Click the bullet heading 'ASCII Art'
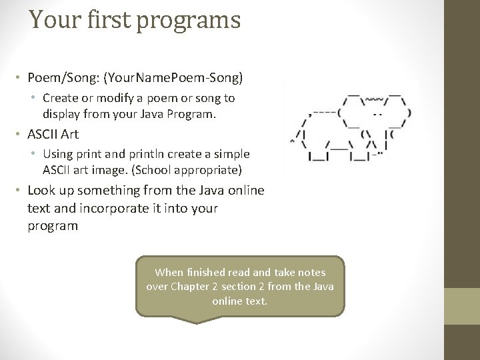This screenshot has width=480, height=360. (x=53, y=134)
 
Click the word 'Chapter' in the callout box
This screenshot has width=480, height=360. (x=190, y=287)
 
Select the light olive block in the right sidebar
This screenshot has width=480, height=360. (x=462, y=306)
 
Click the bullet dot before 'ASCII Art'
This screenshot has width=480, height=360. (x=20, y=135)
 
